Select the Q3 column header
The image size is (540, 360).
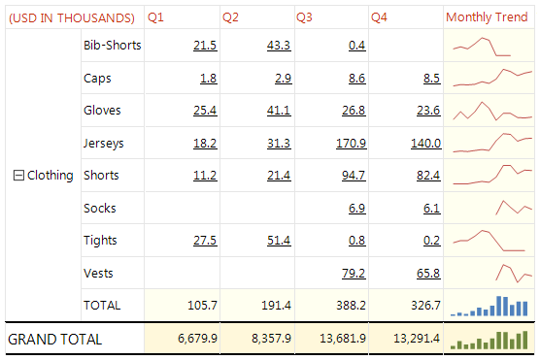[x=304, y=17]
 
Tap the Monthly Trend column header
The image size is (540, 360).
[x=487, y=17]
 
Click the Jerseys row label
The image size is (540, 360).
[x=104, y=144]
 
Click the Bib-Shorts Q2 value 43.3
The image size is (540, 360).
[x=278, y=46]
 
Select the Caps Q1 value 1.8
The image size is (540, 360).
[x=207, y=78]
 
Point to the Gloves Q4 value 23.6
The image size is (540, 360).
[x=427, y=111]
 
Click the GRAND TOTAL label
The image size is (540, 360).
[x=54, y=339]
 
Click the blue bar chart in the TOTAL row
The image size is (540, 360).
[x=490, y=306]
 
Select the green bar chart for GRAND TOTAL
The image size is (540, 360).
[x=490, y=339]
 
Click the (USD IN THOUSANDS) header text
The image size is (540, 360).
[x=71, y=17]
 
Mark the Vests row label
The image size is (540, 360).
[x=98, y=273]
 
